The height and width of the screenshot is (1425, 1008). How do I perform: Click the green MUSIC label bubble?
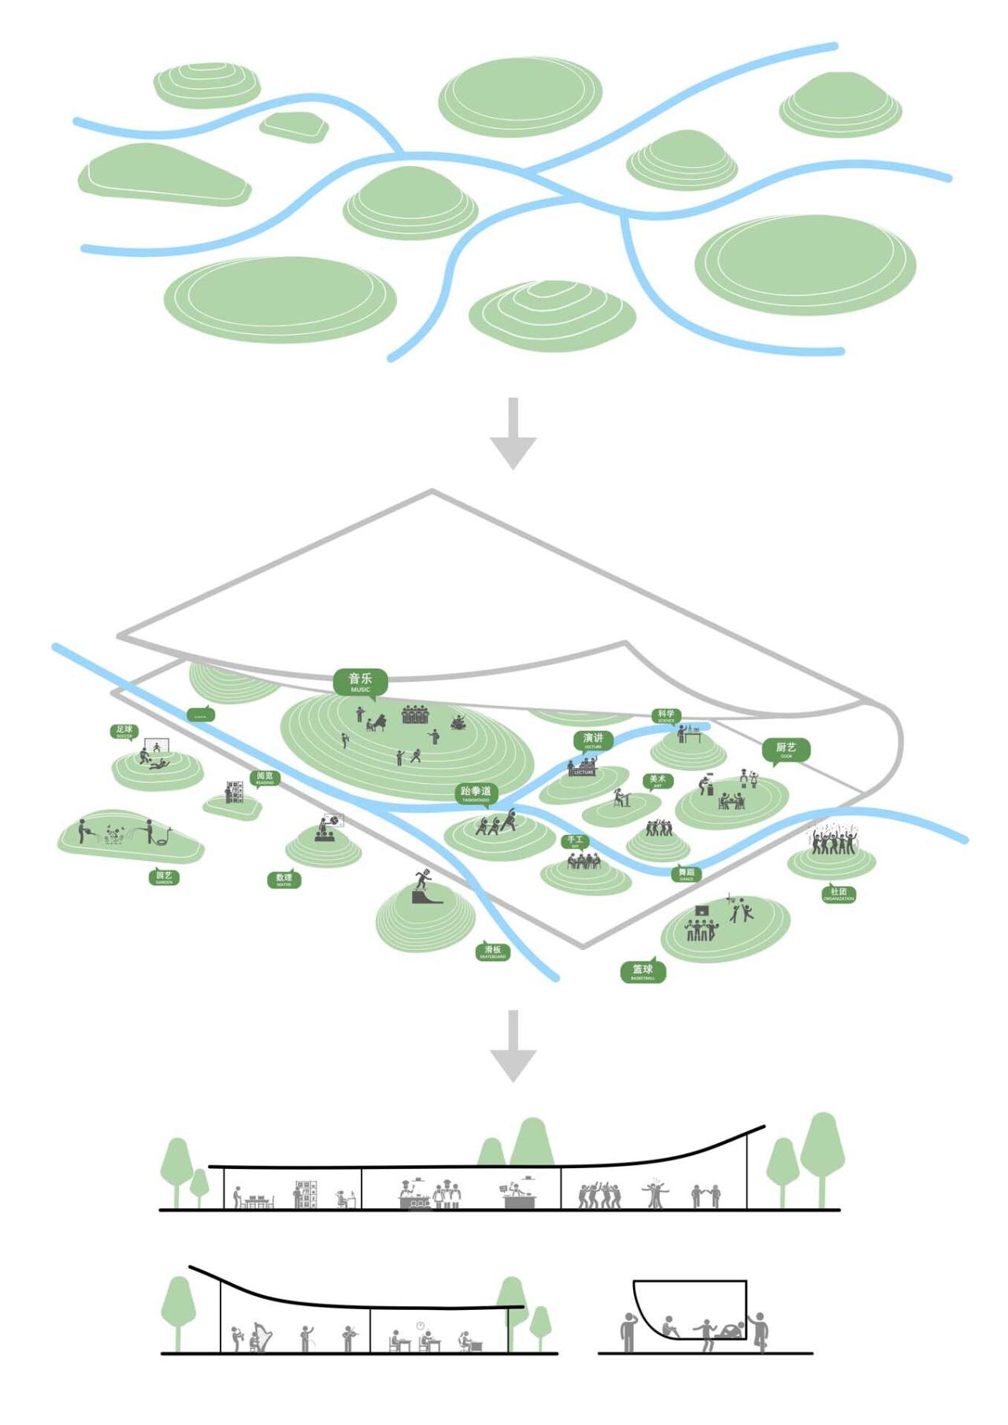tap(360, 681)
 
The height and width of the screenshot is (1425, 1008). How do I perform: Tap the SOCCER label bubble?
tap(124, 731)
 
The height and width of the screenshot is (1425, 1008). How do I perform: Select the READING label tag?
tap(265, 777)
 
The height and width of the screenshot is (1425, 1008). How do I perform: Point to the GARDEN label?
tap(164, 877)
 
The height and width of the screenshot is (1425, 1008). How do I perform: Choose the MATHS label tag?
tap(283, 879)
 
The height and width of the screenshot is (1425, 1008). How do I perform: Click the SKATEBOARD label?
tap(493, 952)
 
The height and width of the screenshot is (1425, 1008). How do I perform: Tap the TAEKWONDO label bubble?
tap(476, 793)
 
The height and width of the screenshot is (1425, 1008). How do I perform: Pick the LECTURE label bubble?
tap(593, 740)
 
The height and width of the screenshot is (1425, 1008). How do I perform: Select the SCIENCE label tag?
tap(666, 716)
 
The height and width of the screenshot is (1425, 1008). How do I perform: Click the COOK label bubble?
tap(786, 749)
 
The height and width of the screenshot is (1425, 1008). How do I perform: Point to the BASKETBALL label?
tap(643, 971)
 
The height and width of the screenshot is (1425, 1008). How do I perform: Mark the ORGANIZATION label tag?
tap(838, 894)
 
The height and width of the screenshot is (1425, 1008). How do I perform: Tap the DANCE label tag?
tap(687, 874)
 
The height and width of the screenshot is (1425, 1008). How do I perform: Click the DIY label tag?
tap(575, 841)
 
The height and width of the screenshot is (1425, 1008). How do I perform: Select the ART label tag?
tap(658, 781)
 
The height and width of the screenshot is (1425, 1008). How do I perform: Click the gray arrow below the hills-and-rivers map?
tap(513, 433)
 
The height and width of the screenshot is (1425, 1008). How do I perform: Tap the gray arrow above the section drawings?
tap(513, 1045)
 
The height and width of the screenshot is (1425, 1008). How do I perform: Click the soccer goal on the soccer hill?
tap(156, 745)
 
